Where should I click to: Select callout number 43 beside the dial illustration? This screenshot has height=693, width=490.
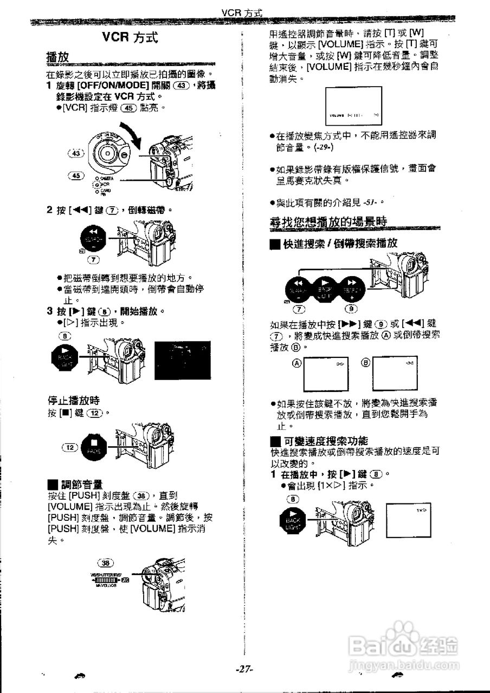click(x=75, y=154)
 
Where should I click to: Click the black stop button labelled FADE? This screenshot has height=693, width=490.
click(x=95, y=448)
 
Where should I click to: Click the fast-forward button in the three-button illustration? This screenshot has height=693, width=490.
click(x=352, y=287)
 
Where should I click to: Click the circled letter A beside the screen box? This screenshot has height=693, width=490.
click(x=296, y=363)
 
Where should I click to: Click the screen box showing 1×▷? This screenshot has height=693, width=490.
click(x=409, y=520)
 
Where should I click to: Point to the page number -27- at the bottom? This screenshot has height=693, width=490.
click(x=244, y=669)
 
